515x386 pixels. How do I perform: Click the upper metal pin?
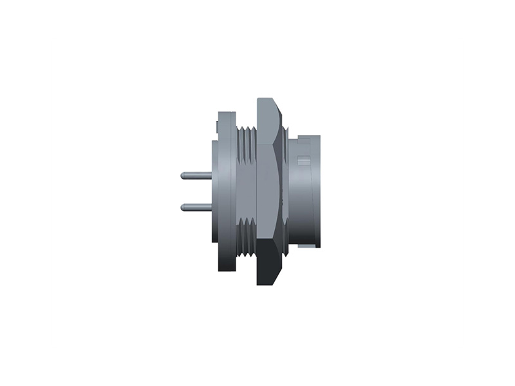pos(196,175)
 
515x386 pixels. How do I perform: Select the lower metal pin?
pos(196,207)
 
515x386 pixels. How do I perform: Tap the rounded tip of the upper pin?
pos(183,175)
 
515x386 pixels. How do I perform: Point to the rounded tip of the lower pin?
pos(183,207)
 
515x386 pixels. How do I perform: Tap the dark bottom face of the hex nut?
pos(267,267)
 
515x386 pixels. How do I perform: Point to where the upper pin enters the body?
pos(211,175)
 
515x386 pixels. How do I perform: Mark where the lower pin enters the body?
pos(211,207)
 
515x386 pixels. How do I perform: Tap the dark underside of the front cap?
pos(306,243)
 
